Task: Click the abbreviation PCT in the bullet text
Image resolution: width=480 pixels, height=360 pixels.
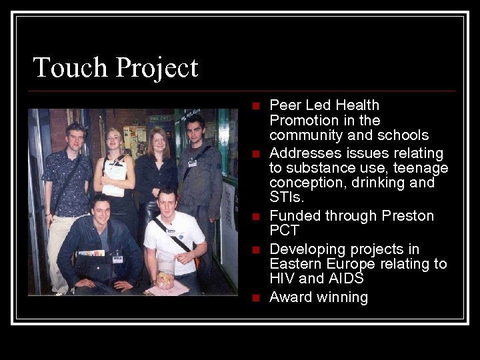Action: point(284,231)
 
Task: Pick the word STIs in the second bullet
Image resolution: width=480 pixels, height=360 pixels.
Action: point(285,197)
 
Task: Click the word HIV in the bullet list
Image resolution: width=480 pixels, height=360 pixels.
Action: point(283,279)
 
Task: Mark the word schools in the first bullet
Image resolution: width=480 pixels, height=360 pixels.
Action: point(403,135)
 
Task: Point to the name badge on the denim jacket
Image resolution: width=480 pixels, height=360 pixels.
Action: point(117,258)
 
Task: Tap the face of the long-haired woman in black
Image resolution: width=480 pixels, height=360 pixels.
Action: point(158,141)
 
